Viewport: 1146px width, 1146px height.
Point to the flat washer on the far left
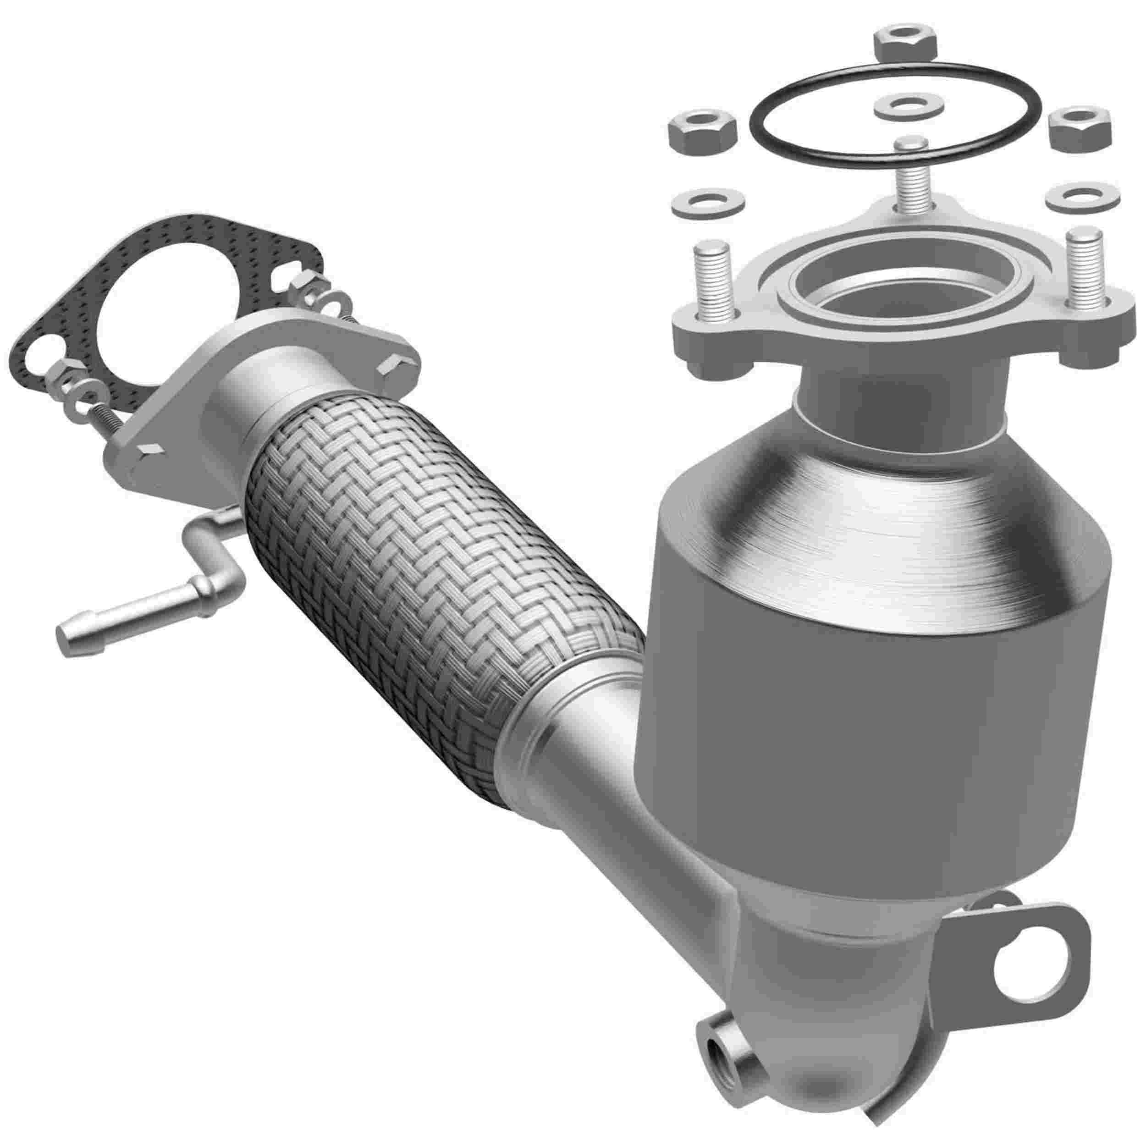coord(702,204)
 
